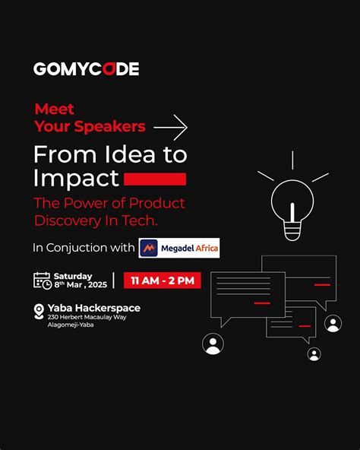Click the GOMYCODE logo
click(x=86, y=69)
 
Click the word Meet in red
click(x=55, y=109)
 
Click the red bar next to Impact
click(x=155, y=179)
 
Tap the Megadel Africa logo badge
click(x=179, y=248)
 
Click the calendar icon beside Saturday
click(x=42, y=280)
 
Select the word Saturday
click(x=72, y=275)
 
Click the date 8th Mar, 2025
click(x=80, y=284)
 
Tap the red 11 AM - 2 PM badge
click(x=163, y=280)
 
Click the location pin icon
click(x=39, y=312)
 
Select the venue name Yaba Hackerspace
click(x=93, y=307)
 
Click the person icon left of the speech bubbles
click(x=213, y=344)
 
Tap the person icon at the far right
click(x=333, y=324)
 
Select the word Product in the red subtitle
click(x=157, y=203)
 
